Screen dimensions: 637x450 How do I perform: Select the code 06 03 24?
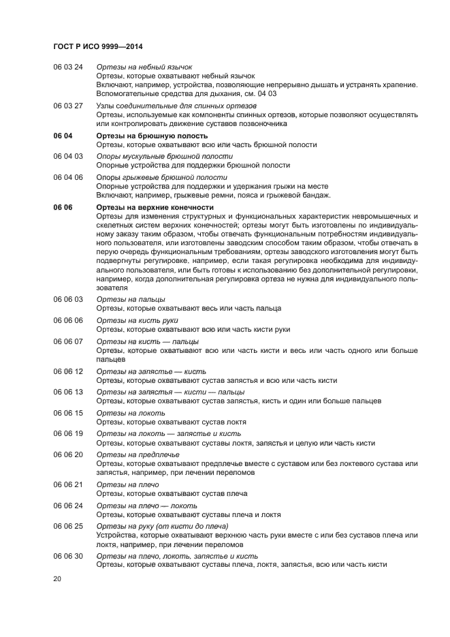pos(68,67)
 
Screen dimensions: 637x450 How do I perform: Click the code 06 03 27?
pos(68,106)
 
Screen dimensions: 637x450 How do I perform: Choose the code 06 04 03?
pos(68,156)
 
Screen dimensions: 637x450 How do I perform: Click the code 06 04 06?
pos(68,177)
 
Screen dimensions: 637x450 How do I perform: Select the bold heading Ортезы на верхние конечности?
pos(155,207)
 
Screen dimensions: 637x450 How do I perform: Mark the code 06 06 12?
pos(68,371)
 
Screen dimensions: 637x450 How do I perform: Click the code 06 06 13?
pos(68,392)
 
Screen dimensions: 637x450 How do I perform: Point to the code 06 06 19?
pos(68,433)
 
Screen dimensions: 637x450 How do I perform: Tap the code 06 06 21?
pos(68,484)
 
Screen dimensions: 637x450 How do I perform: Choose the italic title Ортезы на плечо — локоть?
pos(147,506)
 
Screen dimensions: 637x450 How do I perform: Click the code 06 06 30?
pos(68,556)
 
